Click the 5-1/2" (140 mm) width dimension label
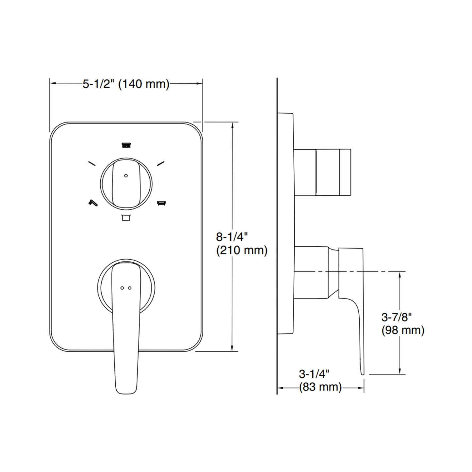(x=126, y=84)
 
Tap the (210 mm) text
(x=242, y=251)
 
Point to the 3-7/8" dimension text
(x=397, y=317)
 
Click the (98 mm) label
(x=403, y=330)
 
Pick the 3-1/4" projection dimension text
(x=314, y=373)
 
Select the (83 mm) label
(x=320, y=387)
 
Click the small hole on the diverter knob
(x=126, y=176)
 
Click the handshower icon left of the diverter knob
(x=93, y=203)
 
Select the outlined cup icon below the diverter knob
(x=126, y=218)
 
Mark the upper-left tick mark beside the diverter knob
(x=92, y=163)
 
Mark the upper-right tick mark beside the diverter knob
(x=160, y=163)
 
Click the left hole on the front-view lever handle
(x=122, y=288)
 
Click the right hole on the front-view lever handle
(x=130, y=288)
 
